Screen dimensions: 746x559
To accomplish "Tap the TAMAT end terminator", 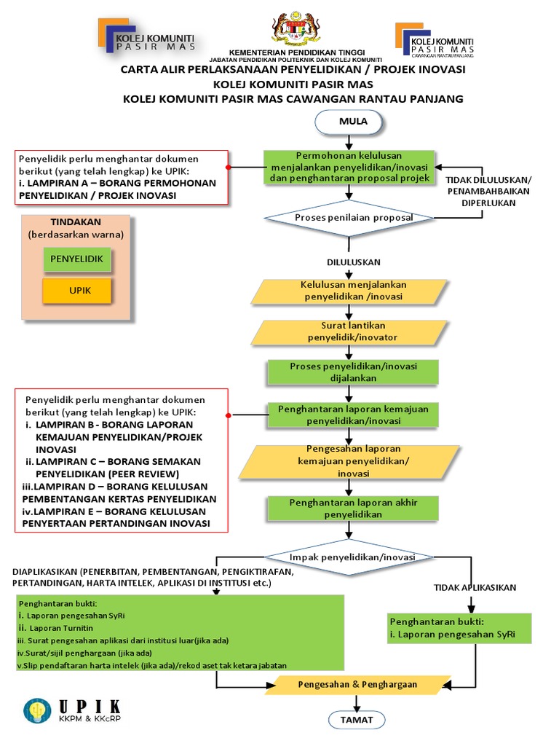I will (x=356, y=720).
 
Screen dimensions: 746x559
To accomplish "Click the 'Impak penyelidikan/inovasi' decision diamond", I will (x=352, y=557).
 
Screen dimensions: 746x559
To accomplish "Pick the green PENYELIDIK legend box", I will (x=76, y=259).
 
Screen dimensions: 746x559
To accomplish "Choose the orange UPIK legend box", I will (x=76, y=290).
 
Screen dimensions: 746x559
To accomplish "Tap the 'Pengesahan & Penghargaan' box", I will (x=357, y=685).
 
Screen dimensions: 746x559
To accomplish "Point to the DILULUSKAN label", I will (x=353, y=262).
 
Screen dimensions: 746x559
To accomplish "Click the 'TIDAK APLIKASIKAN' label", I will (x=475, y=587).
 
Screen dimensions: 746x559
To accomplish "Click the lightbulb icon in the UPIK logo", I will (x=36, y=712).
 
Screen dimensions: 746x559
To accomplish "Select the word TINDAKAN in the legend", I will (x=76, y=222).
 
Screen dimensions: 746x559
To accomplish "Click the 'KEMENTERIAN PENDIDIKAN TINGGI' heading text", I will (x=295, y=53).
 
